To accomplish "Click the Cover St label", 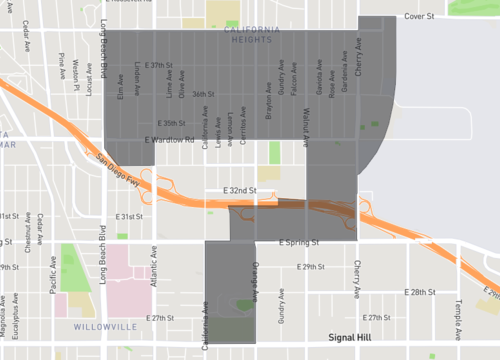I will pos(420,16).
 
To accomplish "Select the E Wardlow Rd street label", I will pos(169,139).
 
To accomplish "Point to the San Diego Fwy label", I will pos(120,164).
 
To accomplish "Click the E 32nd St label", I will pos(239,190).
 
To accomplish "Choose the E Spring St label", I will pos(299,242).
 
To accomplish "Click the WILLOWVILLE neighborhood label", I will pos(103,327).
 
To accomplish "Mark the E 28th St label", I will pos(422,292).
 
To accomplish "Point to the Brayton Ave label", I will pos(269,105).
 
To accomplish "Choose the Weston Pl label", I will pos(76,74).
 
